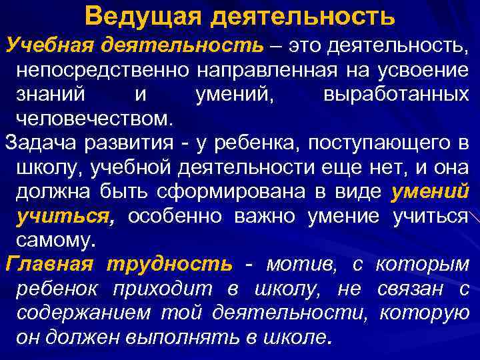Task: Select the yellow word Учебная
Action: (49, 46)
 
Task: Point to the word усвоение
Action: (424, 70)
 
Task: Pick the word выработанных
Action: (396, 95)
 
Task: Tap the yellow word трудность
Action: (170, 265)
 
